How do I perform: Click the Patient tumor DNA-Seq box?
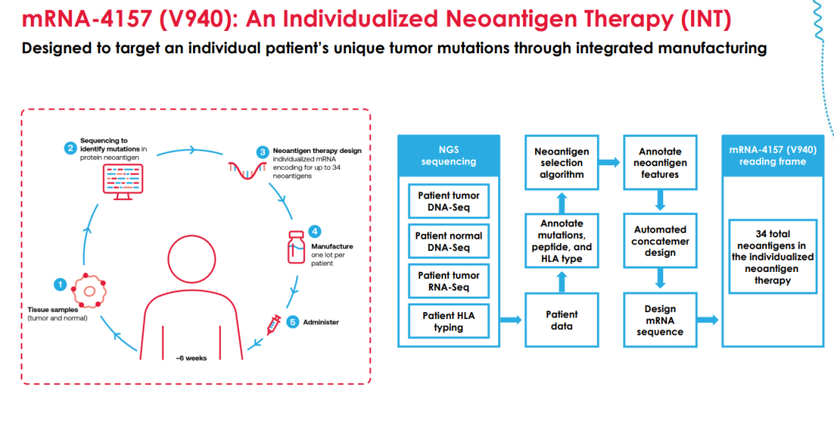coord(449,202)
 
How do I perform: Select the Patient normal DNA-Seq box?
coord(449,242)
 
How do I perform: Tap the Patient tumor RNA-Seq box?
coord(449,281)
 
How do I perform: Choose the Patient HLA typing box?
coord(449,321)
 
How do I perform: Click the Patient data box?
coord(561,320)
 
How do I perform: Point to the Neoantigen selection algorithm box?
coord(561,162)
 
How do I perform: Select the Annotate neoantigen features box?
coord(659,162)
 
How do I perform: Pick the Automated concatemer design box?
coord(659,241)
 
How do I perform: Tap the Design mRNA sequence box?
coord(659,320)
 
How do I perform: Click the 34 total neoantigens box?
coord(772,256)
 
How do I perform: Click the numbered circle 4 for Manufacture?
coord(314,231)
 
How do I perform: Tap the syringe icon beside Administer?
coord(274,324)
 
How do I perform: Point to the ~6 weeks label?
coord(191,358)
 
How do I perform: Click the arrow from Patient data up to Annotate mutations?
coord(561,282)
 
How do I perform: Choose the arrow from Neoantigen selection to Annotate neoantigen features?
coord(610,162)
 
